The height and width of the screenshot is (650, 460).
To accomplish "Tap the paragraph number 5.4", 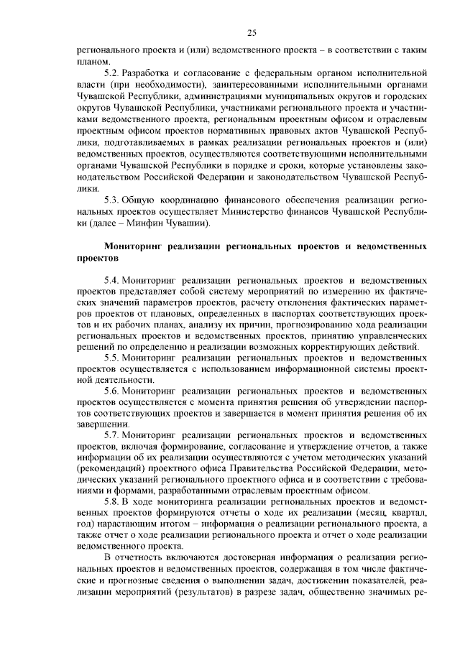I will (x=112, y=277).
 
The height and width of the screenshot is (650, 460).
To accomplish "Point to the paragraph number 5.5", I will (x=112, y=357).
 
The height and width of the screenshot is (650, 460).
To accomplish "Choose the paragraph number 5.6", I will (x=112, y=391).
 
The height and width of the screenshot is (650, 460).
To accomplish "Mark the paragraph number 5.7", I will (x=112, y=436).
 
